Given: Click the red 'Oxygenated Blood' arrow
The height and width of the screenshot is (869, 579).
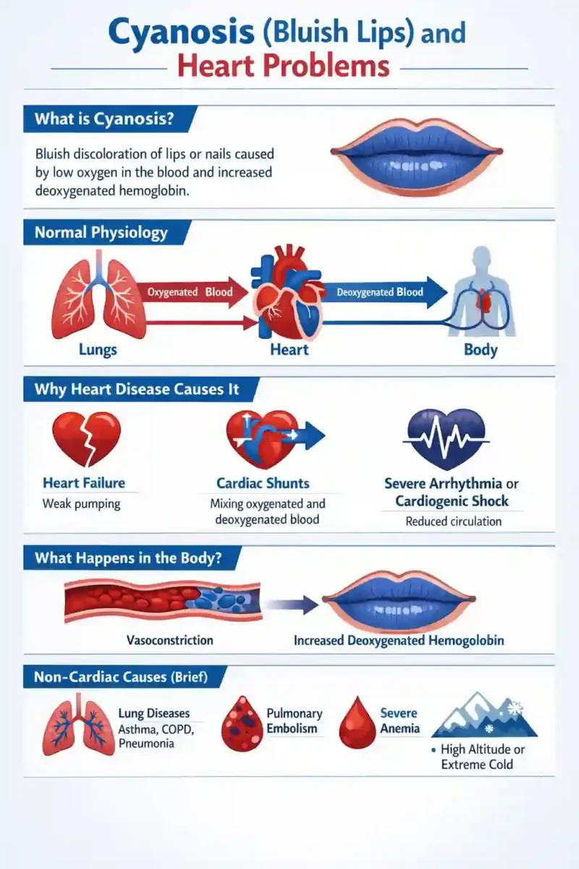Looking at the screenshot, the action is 192,292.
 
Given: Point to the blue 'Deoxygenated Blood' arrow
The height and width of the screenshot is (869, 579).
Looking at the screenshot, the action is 384,292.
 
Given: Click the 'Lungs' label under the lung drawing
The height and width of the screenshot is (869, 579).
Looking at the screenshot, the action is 98,350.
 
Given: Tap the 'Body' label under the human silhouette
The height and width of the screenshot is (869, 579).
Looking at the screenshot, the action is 481,350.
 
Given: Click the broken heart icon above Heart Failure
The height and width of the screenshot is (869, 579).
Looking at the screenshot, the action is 86,439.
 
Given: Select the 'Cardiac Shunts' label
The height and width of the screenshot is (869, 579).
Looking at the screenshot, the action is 263,484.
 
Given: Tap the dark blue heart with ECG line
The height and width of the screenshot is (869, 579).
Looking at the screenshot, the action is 447,439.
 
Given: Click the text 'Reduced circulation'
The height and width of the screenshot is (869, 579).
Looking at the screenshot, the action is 453,521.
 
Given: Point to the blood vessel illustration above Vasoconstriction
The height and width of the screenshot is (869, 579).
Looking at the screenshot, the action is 163,601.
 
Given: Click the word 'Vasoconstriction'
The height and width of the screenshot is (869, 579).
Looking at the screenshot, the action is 170,640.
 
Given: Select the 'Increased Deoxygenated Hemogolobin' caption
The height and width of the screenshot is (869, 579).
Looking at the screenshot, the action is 399,640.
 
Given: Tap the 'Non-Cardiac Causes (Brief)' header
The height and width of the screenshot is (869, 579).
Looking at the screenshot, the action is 121,677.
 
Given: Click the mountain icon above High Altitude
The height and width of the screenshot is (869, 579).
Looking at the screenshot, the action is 484,715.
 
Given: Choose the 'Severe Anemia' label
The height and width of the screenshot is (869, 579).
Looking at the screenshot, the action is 400,721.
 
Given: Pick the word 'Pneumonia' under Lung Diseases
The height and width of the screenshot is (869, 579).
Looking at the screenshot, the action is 146,744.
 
